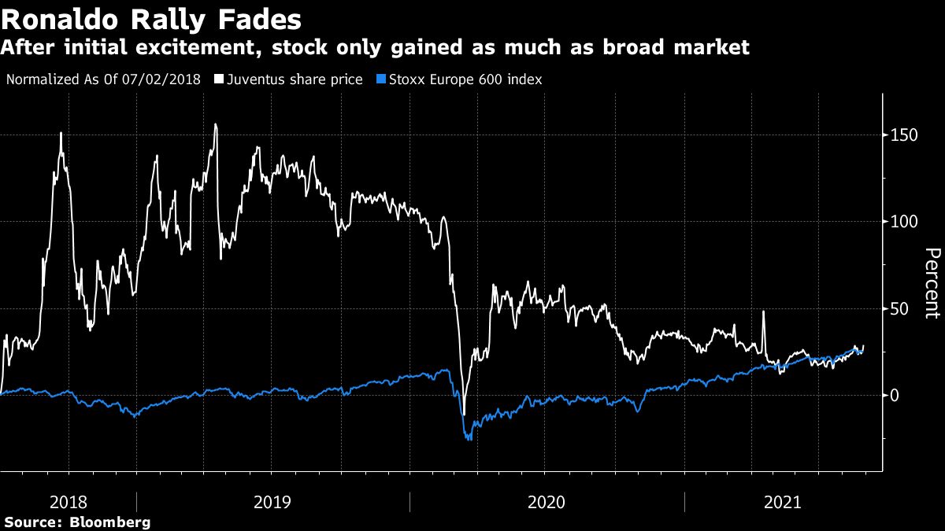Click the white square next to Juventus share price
[x=218, y=79]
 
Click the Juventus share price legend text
[x=295, y=79]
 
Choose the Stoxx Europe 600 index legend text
[x=464, y=79]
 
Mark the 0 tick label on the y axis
[x=895, y=395]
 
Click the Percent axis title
[x=932, y=283]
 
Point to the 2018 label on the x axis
[x=68, y=502]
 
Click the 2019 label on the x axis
[x=272, y=502]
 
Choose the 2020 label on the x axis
[x=547, y=502]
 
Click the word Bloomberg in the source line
[x=109, y=522]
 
